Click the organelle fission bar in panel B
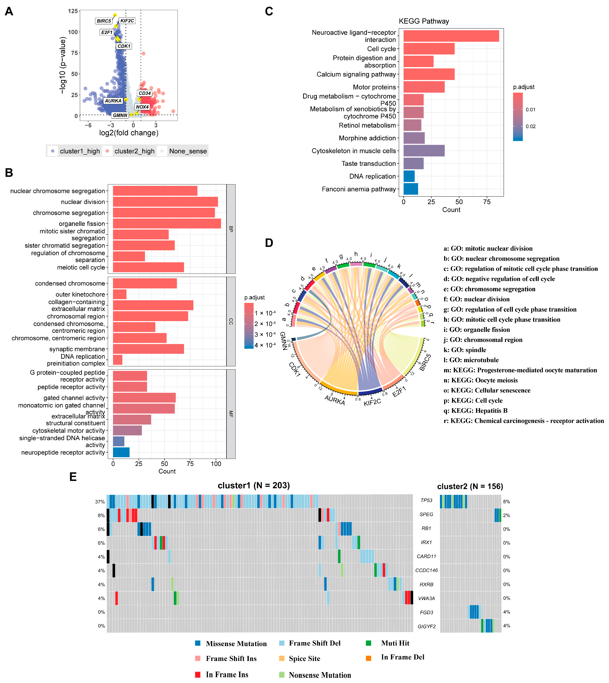[x=167, y=223]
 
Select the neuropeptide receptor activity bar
[x=121, y=452]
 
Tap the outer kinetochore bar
[x=119, y=294]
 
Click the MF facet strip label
[x=231, y=414]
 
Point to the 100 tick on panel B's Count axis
[x=216, y=464]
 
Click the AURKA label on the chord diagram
[x=335, y=400]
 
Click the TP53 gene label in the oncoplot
[x=426, y=501]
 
